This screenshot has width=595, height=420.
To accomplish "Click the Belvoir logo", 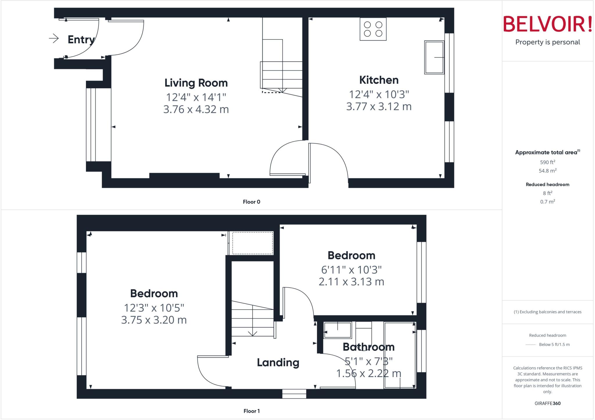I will point(547,24).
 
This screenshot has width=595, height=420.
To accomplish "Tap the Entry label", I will point(81,39).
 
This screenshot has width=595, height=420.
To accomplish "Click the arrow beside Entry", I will point(54,38).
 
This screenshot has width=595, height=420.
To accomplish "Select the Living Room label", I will point(196,83).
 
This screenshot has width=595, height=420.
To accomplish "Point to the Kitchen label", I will point(379,80).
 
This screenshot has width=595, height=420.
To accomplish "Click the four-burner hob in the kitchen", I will point(373,29).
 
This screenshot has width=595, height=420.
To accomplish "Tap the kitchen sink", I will point(434,57).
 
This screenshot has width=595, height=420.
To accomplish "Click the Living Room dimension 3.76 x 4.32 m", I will point(196,109).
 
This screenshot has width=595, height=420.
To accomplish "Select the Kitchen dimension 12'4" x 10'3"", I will point(379,94).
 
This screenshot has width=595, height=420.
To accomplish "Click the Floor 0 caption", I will point(252,202).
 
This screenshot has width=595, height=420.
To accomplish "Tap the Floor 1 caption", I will point(252,411).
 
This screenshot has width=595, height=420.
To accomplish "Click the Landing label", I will point(278,363).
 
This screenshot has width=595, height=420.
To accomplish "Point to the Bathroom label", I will point(369,347).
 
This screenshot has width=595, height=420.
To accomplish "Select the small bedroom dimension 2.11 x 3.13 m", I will point(352,282).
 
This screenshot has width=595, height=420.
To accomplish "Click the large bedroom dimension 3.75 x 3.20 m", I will point(154,320).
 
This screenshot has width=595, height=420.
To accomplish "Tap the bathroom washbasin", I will point(338,330).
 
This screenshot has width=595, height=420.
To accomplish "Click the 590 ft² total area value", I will point(548,162).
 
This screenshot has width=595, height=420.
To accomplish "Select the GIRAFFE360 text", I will point(548,403).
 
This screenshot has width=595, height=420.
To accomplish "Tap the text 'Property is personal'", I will point(548,42).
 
